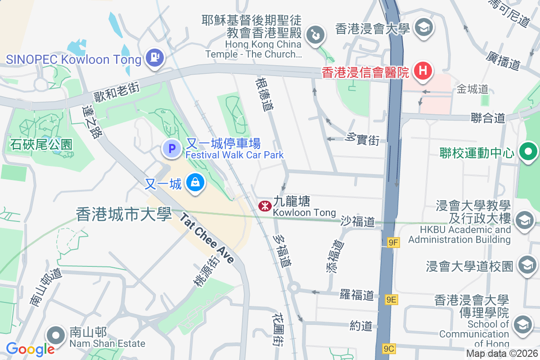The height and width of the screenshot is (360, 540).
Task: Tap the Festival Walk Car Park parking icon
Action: point(171,148)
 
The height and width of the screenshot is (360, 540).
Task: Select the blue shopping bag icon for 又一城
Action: point(195,183)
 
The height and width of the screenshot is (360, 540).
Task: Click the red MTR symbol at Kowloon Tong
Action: point(264,206)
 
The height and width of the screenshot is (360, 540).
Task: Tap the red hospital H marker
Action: point(423,71)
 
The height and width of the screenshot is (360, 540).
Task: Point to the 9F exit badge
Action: point(393,243)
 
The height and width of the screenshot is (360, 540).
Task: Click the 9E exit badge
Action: point(391,299)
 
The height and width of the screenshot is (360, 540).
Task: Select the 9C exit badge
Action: point(389,348)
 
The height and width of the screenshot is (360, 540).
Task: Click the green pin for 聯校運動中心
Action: point(528,152)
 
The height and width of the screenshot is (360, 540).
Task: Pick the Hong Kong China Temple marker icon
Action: point(316,36)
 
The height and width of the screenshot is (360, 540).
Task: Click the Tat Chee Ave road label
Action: point(207,238)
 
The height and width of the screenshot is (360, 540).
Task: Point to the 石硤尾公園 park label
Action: point(41,144)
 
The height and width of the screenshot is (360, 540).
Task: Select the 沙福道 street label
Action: point(357,221)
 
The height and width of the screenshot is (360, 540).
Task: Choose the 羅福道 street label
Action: point(357,295)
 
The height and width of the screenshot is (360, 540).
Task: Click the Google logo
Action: point(30,349)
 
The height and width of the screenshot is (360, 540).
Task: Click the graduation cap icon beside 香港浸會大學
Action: point(423,28)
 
